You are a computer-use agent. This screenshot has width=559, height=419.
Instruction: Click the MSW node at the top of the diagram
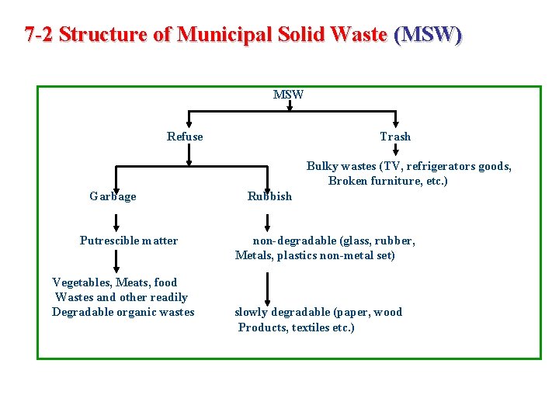point(288,95)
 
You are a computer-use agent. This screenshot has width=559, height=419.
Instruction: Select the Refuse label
point(185,137)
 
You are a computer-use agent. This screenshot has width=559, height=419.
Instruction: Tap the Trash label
point(395,137)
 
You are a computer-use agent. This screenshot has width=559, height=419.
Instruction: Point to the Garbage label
point(113,196)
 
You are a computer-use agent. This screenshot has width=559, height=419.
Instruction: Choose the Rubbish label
point(269,196)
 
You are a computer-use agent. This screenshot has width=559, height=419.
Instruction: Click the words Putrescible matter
point(128,241)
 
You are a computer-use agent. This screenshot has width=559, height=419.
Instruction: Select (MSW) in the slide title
point(428,35)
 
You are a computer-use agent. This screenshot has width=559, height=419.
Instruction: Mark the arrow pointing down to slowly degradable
point(267,291)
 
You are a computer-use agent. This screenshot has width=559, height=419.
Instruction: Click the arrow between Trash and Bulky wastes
point(395,155)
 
